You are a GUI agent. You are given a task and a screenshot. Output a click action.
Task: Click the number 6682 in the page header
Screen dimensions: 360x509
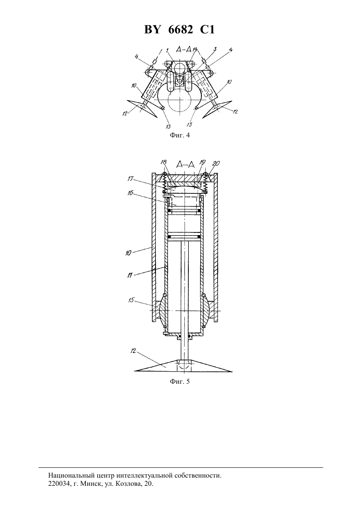click(x=180, y=29)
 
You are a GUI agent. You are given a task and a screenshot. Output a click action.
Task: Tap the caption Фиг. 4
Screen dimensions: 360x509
click(x=180, y=135)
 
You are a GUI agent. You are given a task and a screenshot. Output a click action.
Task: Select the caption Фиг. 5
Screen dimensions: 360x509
click(x=180, y=381)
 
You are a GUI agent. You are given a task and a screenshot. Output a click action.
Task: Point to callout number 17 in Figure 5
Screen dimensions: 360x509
click(x=130, y=179)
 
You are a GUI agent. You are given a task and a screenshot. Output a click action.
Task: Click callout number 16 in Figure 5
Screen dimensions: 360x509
click(x=130, y=193)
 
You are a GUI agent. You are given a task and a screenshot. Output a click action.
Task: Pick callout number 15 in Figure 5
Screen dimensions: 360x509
click(x=131, y=300)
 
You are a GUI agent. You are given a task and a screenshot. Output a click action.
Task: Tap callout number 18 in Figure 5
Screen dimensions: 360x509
click(x=163, y=162)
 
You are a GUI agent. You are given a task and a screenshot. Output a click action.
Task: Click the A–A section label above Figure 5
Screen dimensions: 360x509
click(x=186, y=164)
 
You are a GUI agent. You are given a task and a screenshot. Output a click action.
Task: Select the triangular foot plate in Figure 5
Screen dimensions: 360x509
click(x=184, y=366)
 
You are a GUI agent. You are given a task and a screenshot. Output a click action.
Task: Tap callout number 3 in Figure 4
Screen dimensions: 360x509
click(x=215, y=49)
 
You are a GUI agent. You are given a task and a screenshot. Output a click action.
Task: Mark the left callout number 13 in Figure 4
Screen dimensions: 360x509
click(x=169, y=127)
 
